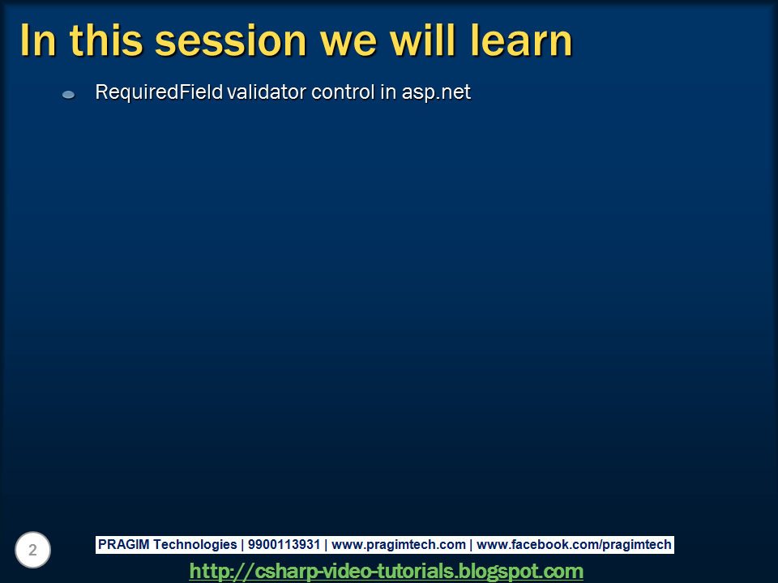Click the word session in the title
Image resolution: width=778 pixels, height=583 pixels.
click(231, 40)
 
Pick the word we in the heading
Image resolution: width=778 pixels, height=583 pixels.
click(348, 44)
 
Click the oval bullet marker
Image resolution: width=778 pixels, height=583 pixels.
click(68, 95)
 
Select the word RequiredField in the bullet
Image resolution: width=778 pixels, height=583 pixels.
click(159, 92)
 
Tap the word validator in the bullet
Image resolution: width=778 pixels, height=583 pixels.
click(267, 91)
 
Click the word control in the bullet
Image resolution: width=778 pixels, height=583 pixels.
click(343, 91)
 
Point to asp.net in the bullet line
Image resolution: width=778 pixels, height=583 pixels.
click(436, 93)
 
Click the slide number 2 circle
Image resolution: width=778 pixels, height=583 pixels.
click(32, 550)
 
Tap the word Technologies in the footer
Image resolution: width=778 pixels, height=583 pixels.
click(195, 545)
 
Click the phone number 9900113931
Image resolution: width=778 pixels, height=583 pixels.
click(284, 544)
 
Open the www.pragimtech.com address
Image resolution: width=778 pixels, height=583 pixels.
click(399, 545)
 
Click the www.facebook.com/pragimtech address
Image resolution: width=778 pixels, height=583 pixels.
click(574, 545)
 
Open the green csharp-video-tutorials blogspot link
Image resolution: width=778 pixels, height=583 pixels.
click(386, 571)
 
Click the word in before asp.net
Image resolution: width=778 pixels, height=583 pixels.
click(388, 91)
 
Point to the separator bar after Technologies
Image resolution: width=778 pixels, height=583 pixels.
click(242, 545)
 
